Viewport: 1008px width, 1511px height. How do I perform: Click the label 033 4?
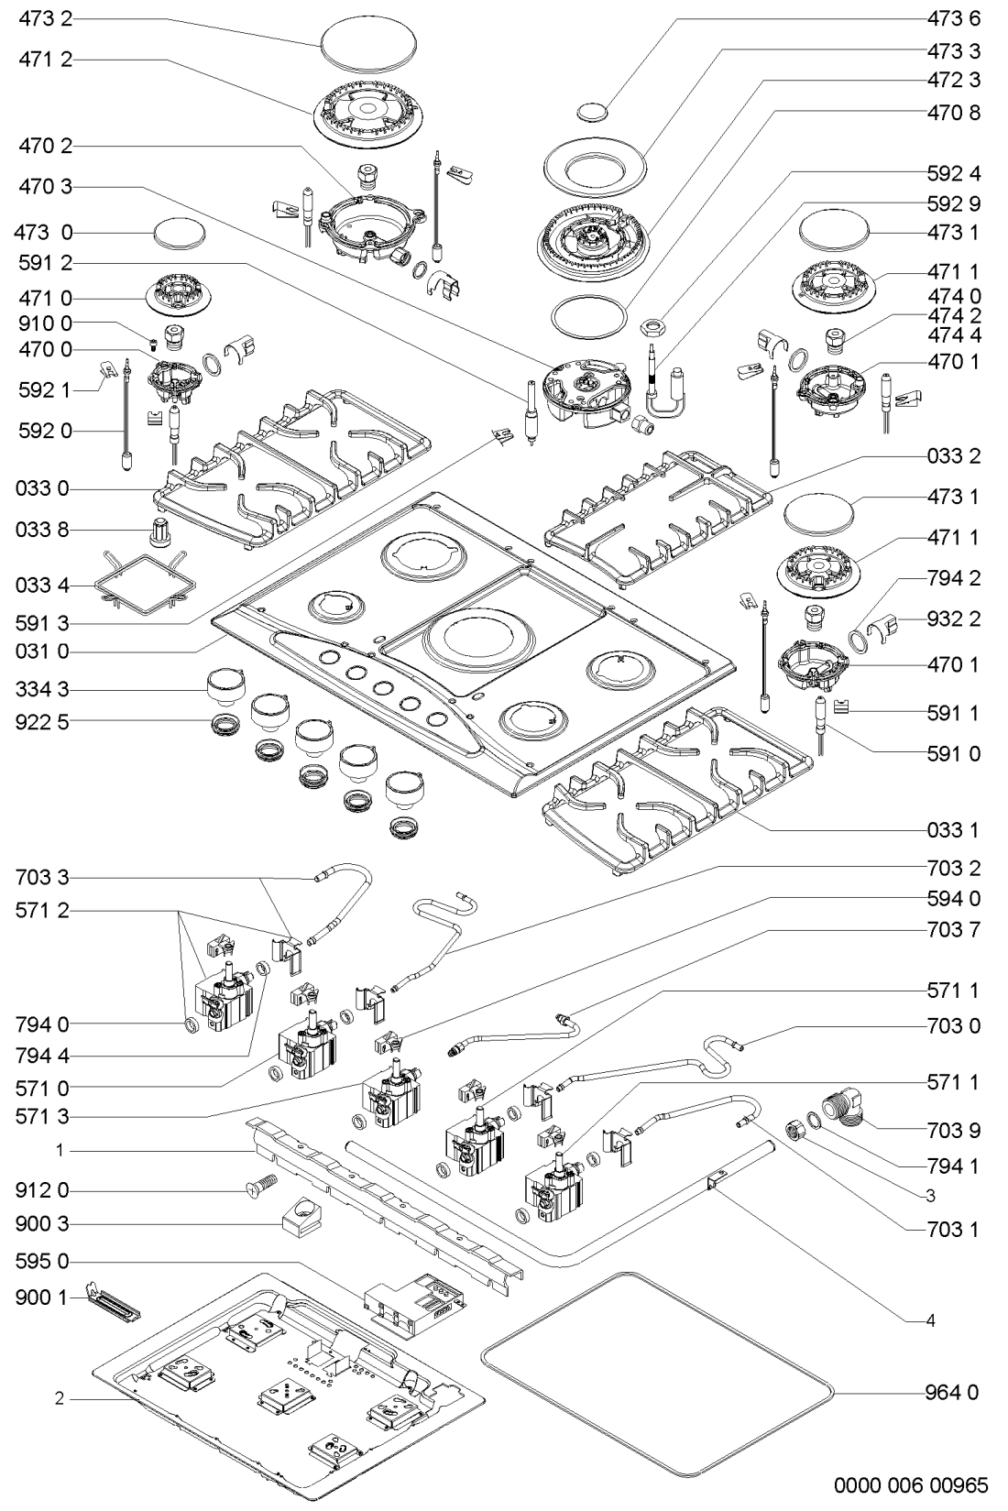click(x=42, y=585)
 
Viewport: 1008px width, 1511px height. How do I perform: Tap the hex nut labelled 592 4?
click(x=654, y=325)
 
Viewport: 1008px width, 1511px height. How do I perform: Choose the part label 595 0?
click(x=42, y=1261)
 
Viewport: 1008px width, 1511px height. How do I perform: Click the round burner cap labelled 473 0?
click(x=180, y=234)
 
